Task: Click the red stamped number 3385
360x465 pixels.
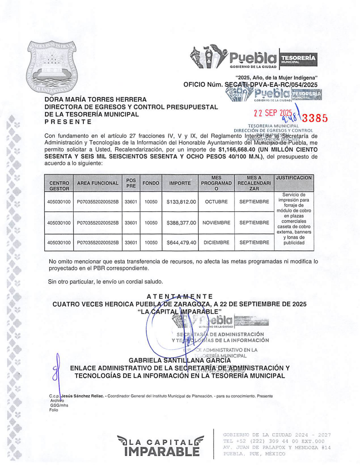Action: pyautogui.click(x=315, y=118)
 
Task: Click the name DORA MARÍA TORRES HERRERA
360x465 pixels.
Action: pyautogui.click(x=95, y=99)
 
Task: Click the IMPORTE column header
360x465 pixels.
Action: pyautogui.click(x=180, y=183)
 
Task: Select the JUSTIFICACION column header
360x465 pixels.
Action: pyautogui.click(x=294, y=178)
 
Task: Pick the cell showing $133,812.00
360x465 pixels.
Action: pyautogui.click(x=181, y=202)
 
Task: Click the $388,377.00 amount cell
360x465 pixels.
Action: pyautogui.click(x=181, y=223)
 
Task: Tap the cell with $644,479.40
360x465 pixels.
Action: pyautogui.click(x=181, y=243)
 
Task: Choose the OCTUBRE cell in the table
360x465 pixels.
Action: pyautogui.click(x=216, y=202)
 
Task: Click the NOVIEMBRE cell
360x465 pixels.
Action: pyautogui.click(x=216, y=223)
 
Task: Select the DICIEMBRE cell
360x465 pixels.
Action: pyautogui.click(x=216, y=243)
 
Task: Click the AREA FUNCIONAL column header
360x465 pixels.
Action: pyautogui.click(x=98, y=183)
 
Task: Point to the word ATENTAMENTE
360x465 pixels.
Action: pyautogui.click(x=180, y=297)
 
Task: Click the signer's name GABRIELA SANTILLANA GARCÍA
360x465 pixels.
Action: pyautogui.click(x=180, y=361)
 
